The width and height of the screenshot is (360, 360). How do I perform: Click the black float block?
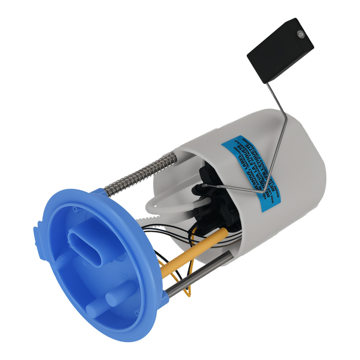click(280, 50)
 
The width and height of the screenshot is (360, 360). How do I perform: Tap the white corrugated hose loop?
click(169, 209)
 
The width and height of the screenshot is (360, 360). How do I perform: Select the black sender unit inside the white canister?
click(212, 202)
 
